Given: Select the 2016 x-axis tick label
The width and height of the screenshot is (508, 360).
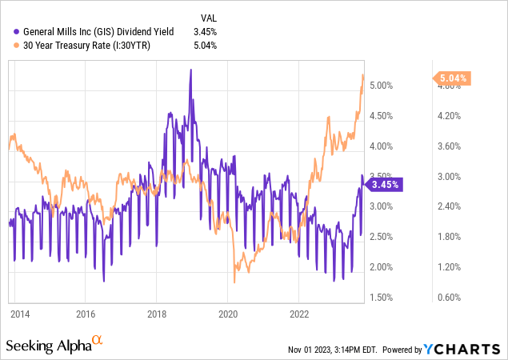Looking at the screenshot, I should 86,313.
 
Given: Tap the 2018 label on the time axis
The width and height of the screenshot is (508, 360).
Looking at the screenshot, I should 157,313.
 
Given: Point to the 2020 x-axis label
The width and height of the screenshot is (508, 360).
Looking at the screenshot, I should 228,313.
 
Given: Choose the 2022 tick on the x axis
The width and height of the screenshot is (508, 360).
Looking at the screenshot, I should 298,313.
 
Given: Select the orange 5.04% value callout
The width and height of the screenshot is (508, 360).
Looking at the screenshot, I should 454,78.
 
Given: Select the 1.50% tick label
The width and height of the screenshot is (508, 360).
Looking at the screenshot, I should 387,298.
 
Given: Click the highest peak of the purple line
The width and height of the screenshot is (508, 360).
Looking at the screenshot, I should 190,70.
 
